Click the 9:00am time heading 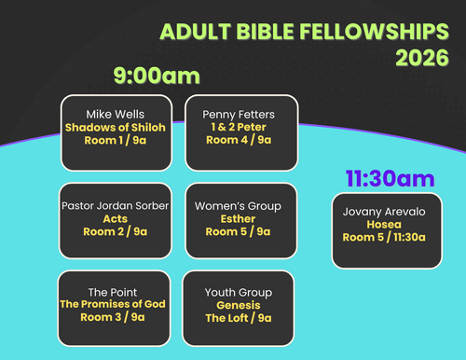157,76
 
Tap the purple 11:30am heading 391,179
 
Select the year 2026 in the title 422,58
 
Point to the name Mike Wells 116,115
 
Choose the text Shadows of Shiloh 116,128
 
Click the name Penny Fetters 239,115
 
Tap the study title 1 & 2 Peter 239,127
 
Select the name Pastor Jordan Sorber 116,206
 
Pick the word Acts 116,219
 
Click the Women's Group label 238,206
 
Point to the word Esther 238,219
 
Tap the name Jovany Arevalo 384,212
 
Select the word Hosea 384,225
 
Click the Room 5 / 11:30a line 384,237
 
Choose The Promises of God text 113,304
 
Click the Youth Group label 239,293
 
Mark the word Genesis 239,305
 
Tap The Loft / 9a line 239,318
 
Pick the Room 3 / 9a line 113,317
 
